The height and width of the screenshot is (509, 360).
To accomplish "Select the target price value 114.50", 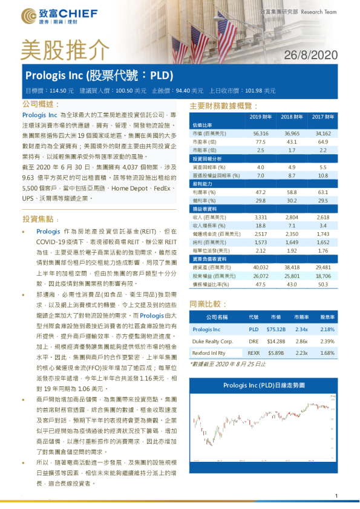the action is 58,91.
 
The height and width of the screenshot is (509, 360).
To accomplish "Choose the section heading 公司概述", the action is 39,105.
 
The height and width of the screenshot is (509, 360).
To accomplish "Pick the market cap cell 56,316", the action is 261,132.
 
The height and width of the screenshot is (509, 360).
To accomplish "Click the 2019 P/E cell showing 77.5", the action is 261,141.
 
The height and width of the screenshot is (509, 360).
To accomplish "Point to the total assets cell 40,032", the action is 261,266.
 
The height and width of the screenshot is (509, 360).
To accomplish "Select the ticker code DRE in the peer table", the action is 254,340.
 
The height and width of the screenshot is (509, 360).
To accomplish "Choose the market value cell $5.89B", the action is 275,352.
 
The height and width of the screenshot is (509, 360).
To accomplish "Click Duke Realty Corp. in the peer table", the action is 212,340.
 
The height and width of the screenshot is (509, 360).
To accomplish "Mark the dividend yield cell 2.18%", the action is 327,329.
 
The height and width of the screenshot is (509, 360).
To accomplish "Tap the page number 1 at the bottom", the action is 336,496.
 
